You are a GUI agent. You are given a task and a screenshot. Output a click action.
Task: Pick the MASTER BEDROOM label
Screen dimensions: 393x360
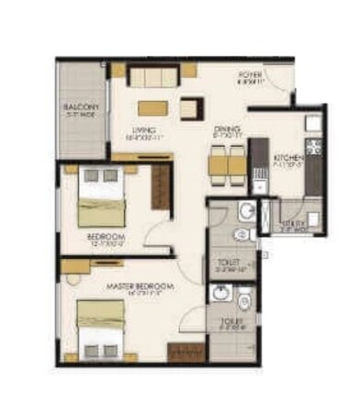tap(140, 287)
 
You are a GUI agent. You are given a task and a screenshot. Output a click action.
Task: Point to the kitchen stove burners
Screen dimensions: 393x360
tap(312, 147)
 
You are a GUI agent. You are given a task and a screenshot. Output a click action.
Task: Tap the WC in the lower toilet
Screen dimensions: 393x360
tap(242, 303)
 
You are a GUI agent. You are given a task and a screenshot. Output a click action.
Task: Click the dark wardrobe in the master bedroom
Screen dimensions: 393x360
tap(184, 353)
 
